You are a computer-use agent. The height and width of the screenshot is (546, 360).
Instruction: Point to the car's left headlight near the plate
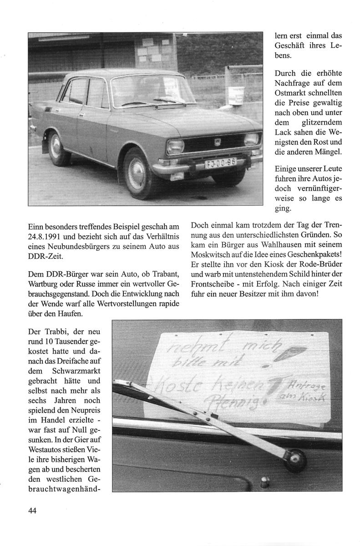[175, 147]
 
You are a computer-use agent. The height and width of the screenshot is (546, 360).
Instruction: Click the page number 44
[32, 511]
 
